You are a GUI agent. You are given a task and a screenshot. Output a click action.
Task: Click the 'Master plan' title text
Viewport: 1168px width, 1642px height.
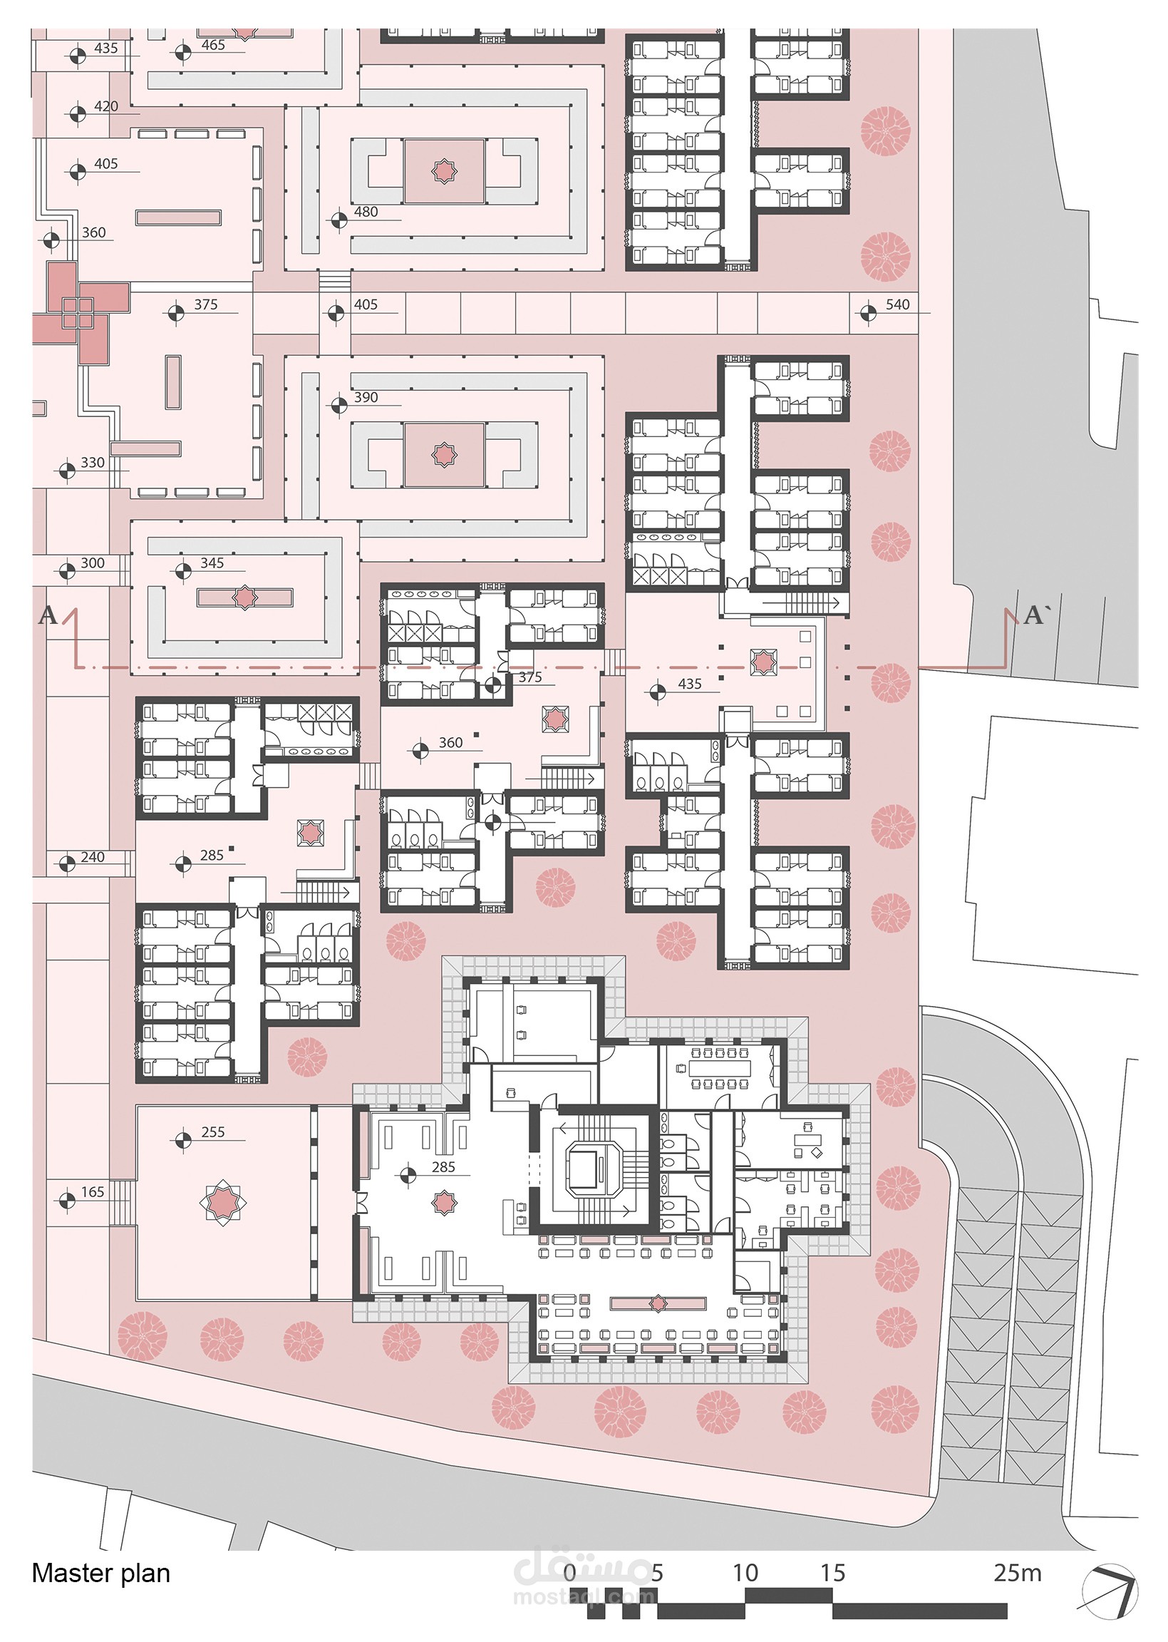point(100,1573)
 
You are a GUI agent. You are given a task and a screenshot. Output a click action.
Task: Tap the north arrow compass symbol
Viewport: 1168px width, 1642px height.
point(1110,1593)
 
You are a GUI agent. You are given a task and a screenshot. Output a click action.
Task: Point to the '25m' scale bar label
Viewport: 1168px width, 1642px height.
point(1018,1573)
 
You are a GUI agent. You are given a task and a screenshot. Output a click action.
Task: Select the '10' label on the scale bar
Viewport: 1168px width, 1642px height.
point(745,1573)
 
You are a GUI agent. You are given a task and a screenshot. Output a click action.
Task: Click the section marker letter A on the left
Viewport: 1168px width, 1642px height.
point(48,615)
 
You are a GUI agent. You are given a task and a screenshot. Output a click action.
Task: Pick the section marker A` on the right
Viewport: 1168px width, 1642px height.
point(1036,615)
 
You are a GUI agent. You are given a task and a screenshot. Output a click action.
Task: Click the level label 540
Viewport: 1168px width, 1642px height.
point(898,304)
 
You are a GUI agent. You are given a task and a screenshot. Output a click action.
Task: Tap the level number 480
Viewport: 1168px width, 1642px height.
point(366,212)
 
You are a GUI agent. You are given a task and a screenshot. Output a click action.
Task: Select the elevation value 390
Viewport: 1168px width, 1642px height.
point(366,397)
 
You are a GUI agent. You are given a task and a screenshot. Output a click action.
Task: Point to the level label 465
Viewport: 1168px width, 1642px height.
point(213,45)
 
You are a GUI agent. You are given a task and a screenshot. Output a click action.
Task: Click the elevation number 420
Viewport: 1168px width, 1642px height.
point(105,106)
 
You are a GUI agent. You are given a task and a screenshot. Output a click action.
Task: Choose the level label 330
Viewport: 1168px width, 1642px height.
point(92,463)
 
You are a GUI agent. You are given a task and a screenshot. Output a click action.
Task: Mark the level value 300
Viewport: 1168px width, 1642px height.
point(92,563)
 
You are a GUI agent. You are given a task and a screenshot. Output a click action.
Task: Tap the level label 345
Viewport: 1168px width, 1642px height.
point(212,563)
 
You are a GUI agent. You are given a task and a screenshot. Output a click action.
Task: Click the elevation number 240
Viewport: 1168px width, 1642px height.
point(92,857)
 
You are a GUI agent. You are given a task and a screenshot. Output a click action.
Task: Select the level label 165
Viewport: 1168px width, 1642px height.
point(92,1191)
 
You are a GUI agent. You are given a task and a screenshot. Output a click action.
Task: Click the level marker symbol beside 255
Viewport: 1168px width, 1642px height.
point(183,1141)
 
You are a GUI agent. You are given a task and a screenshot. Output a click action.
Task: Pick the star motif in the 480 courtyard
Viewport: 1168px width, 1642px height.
point(444,171)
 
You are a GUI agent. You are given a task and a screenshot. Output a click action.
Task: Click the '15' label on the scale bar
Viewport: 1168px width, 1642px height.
point(833,1573)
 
